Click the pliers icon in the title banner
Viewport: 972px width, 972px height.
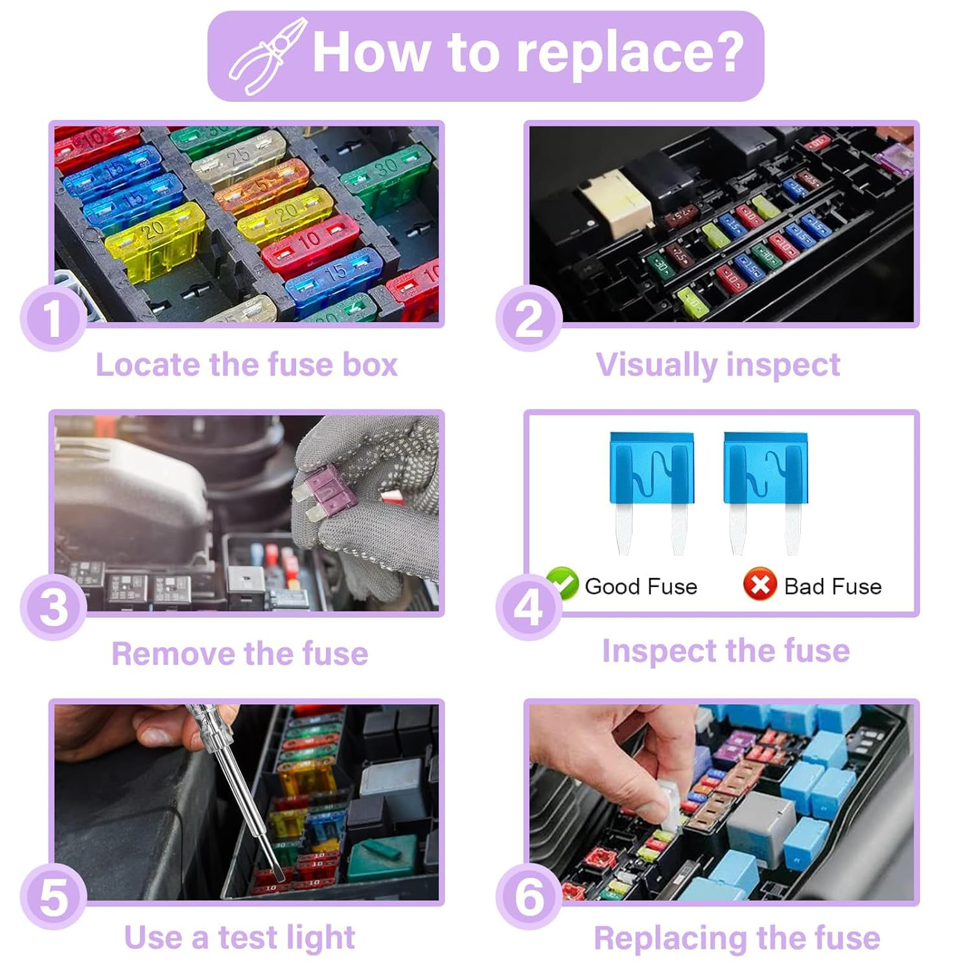tap(268, 56)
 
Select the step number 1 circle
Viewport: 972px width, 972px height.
tap(53, 318)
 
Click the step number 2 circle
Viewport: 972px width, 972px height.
tap(529, 318)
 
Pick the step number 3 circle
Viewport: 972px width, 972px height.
tap(53, 607)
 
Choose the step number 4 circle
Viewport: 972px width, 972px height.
tap(529, 607)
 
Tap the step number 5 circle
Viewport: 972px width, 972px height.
tap(53, 897)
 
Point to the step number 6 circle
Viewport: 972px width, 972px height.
tap(529, 897)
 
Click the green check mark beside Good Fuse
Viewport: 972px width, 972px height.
tap(562, 583)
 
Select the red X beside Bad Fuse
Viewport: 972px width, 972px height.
tap(760, 584)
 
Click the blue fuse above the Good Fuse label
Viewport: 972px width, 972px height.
tap(651, 493)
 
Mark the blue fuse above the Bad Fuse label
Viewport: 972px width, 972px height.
tap(765, 493)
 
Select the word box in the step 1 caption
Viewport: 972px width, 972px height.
tap(370, 364)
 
